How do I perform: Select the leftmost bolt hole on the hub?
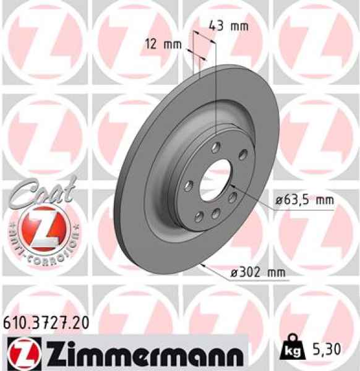[191, 182]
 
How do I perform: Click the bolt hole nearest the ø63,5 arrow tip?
[233, 197]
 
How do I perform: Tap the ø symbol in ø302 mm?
[216, 272]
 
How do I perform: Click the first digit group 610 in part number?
[16, 322]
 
